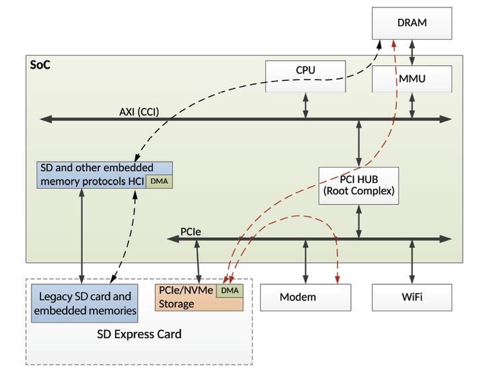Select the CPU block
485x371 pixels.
point(305,70)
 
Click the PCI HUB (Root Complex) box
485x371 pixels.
point(358,185)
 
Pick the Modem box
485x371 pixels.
point(305,297)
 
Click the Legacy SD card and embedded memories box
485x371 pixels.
point(84,304)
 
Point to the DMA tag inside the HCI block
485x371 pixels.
point(159,182)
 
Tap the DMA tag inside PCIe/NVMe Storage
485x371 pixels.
point(230,290)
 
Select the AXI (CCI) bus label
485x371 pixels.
point(139,112)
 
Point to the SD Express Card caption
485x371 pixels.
point(139,335)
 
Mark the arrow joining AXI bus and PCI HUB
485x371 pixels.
point(358,143)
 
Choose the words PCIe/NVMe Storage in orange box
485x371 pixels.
point(185,297)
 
